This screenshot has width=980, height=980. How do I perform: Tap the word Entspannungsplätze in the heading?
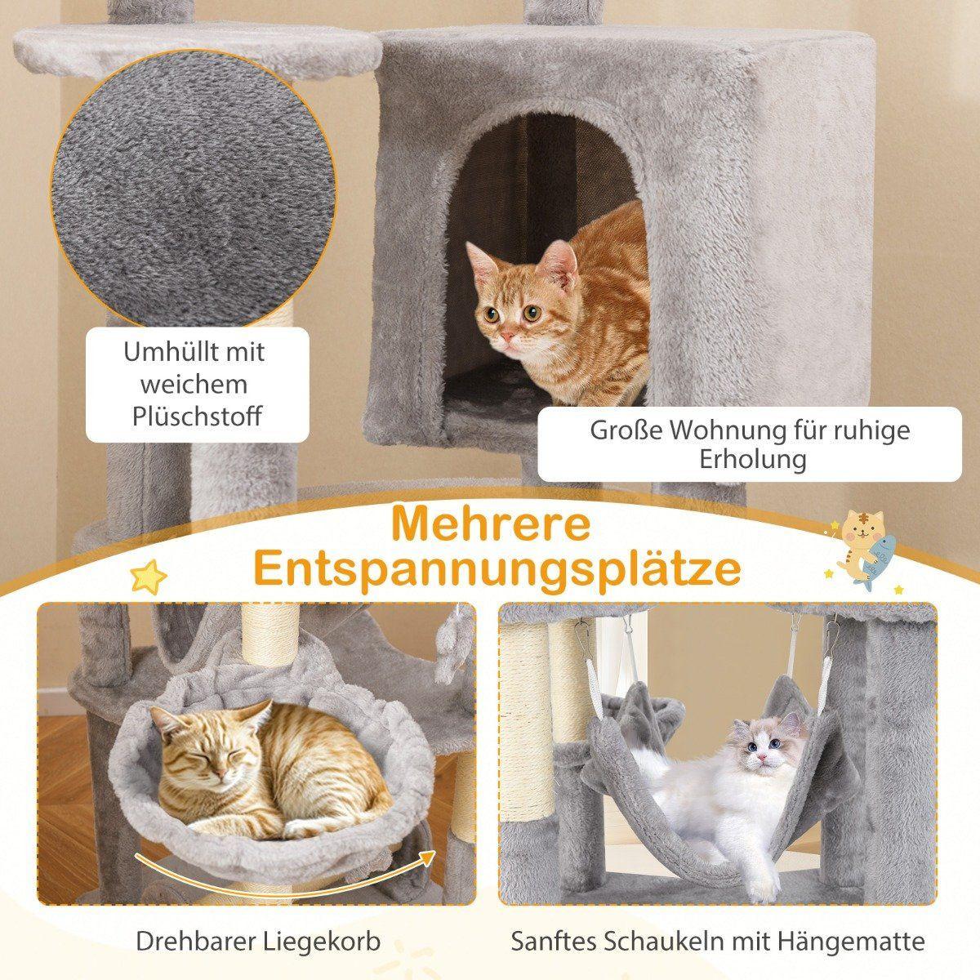tap(497, 570)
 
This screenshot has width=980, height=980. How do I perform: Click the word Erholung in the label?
tap(752, 458)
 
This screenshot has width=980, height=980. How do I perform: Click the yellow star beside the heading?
tap(149, 577)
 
